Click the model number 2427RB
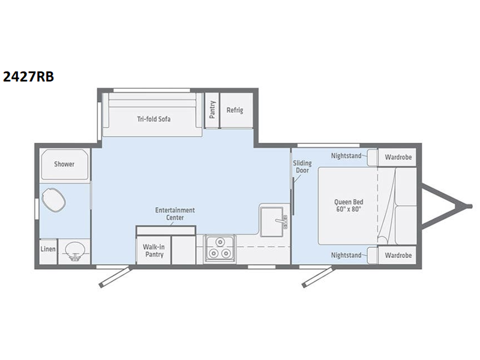click(28, 77)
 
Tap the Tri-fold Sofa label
click(154, 119)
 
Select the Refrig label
click(235, 110)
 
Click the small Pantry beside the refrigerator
click(212, 110)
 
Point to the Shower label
click(64, 164)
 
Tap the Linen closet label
click(48, 249)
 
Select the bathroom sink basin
click(73, 251)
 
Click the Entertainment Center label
click(175, 214)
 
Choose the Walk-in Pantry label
click(154, 250)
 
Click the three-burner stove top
click(220, 248)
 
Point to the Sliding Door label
click(302, 167)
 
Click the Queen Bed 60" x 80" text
click(349, 205)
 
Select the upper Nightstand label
click(346, 156)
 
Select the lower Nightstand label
click(346, 255)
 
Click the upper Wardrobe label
click(398, 157)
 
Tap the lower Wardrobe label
click(398, 255)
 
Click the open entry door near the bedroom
click(318, 277)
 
